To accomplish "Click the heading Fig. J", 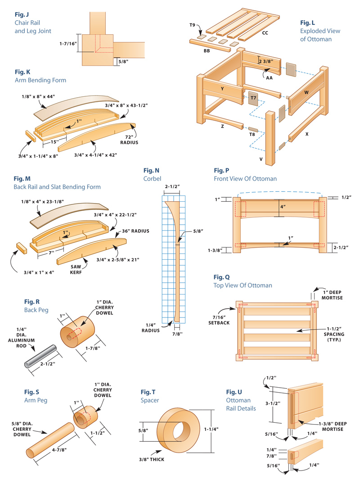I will tap(22, 14).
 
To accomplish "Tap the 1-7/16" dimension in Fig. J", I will tap(68, 44).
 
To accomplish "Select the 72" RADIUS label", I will tap(130, 137).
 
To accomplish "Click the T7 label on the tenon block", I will tap(253, 98).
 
